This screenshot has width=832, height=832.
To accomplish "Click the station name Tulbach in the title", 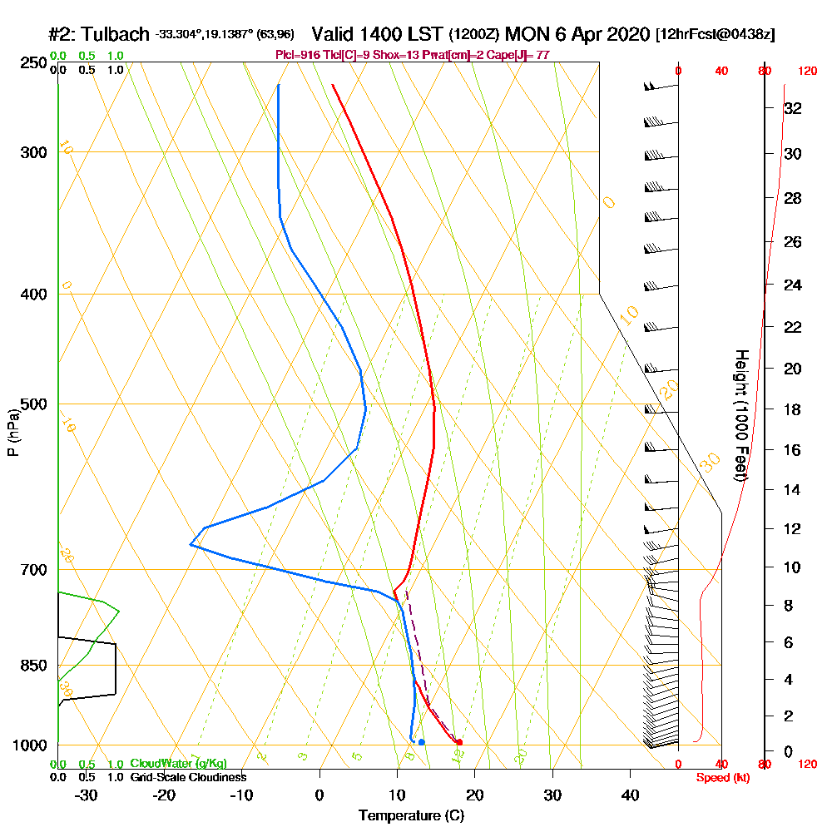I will pos(116,35).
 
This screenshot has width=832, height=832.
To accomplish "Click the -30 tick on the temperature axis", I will pos(87,795).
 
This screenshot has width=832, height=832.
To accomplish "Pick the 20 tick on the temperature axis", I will pos(475,795).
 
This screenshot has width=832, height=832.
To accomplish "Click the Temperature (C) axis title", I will pos(411,816).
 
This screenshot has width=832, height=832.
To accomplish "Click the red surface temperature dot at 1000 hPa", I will pos(459,742).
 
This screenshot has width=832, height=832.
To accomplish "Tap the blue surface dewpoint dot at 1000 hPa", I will pos(422,742).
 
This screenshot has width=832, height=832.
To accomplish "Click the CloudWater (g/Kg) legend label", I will pos(178,764).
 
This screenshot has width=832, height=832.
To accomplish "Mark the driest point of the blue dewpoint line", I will pos(191,545).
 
